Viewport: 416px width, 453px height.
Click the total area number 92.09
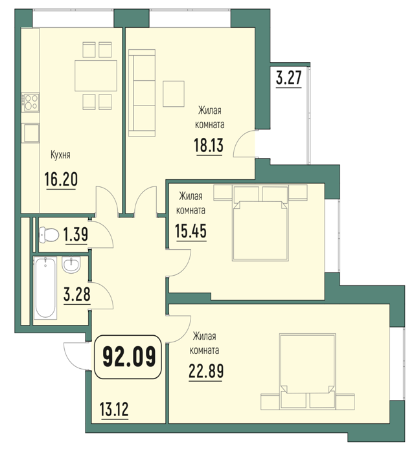coord(129,357)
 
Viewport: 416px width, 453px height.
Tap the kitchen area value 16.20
coord(61,179)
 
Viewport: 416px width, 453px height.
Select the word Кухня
coord(60,155)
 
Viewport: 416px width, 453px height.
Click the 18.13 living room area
coord(209,145)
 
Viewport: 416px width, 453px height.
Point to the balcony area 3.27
coord(289,78)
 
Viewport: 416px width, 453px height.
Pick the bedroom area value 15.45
coord(191,231)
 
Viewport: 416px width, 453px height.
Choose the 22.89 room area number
coord(206,371)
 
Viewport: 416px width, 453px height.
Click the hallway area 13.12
coord(114,409)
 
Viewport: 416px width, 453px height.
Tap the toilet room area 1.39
coord(76,234)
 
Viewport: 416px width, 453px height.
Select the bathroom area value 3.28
coord(77,294)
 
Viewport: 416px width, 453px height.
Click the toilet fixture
coord(49,234)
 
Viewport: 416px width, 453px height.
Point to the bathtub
coord(45,288)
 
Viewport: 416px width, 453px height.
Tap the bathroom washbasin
coord(71,265)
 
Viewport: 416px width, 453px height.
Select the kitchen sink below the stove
coord(32,133)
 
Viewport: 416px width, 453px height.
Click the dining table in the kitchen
coord(96,76)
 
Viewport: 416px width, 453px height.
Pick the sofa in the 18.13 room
coord(142,93)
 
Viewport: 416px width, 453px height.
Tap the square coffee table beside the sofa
coord(174,94)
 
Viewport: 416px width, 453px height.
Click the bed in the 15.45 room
coord(260,231)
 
